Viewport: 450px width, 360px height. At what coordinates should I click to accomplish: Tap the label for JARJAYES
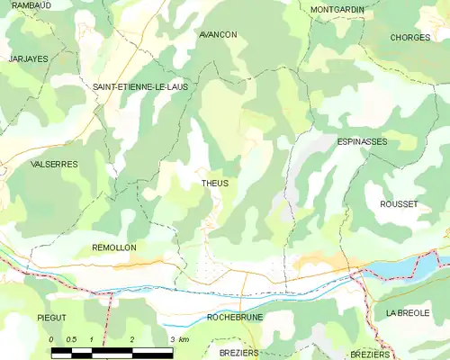pyautogui.click(x=28, y=58)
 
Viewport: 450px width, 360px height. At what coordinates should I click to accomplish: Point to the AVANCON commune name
pyautogui.click(x=218, y=34)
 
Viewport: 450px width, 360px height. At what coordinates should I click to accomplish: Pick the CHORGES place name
pyautogui.click(x=410, y=38)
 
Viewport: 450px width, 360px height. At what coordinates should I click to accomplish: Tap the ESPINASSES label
pyautogui.click(x=362, y=142)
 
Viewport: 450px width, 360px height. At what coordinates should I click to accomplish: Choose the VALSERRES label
pyautogui.click(x=54, y=165)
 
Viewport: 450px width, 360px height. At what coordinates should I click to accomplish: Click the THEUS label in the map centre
pyautogui.click(x=215, y=184)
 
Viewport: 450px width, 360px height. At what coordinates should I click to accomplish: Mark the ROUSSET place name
pyautogui.click(x=399, y=204)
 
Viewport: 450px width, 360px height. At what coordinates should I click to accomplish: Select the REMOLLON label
pyautogui.click(x=114, y=247)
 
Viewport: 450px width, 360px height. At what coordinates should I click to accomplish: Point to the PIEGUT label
pyautogui.click(x=52, y=318)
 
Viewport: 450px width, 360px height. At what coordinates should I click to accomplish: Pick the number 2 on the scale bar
pyautogui.click(x=132, y=338)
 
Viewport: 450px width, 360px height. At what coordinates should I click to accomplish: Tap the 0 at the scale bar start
pyautogui.click(x=52, y=338)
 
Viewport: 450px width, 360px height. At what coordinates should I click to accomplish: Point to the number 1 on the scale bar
pyautogui.click(x=92, y=338)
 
